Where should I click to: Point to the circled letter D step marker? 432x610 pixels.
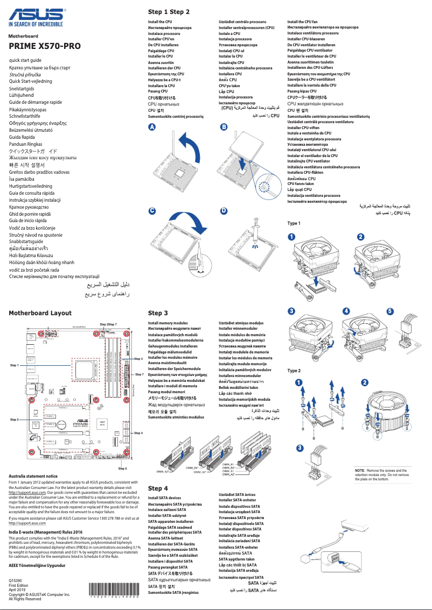tap(224, 210)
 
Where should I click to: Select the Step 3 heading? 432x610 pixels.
tap(158, 313)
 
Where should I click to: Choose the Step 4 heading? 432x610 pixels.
tap(158, 488)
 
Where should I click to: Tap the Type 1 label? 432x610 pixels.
tap(294, 223)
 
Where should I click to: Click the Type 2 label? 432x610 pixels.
tap(294, 371)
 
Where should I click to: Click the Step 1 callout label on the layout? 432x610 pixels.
tap(15, 365)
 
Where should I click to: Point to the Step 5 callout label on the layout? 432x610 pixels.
tap(15, 419)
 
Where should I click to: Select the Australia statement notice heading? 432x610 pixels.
tap(33, 476)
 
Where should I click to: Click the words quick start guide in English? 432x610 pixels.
tap(25, 60)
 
